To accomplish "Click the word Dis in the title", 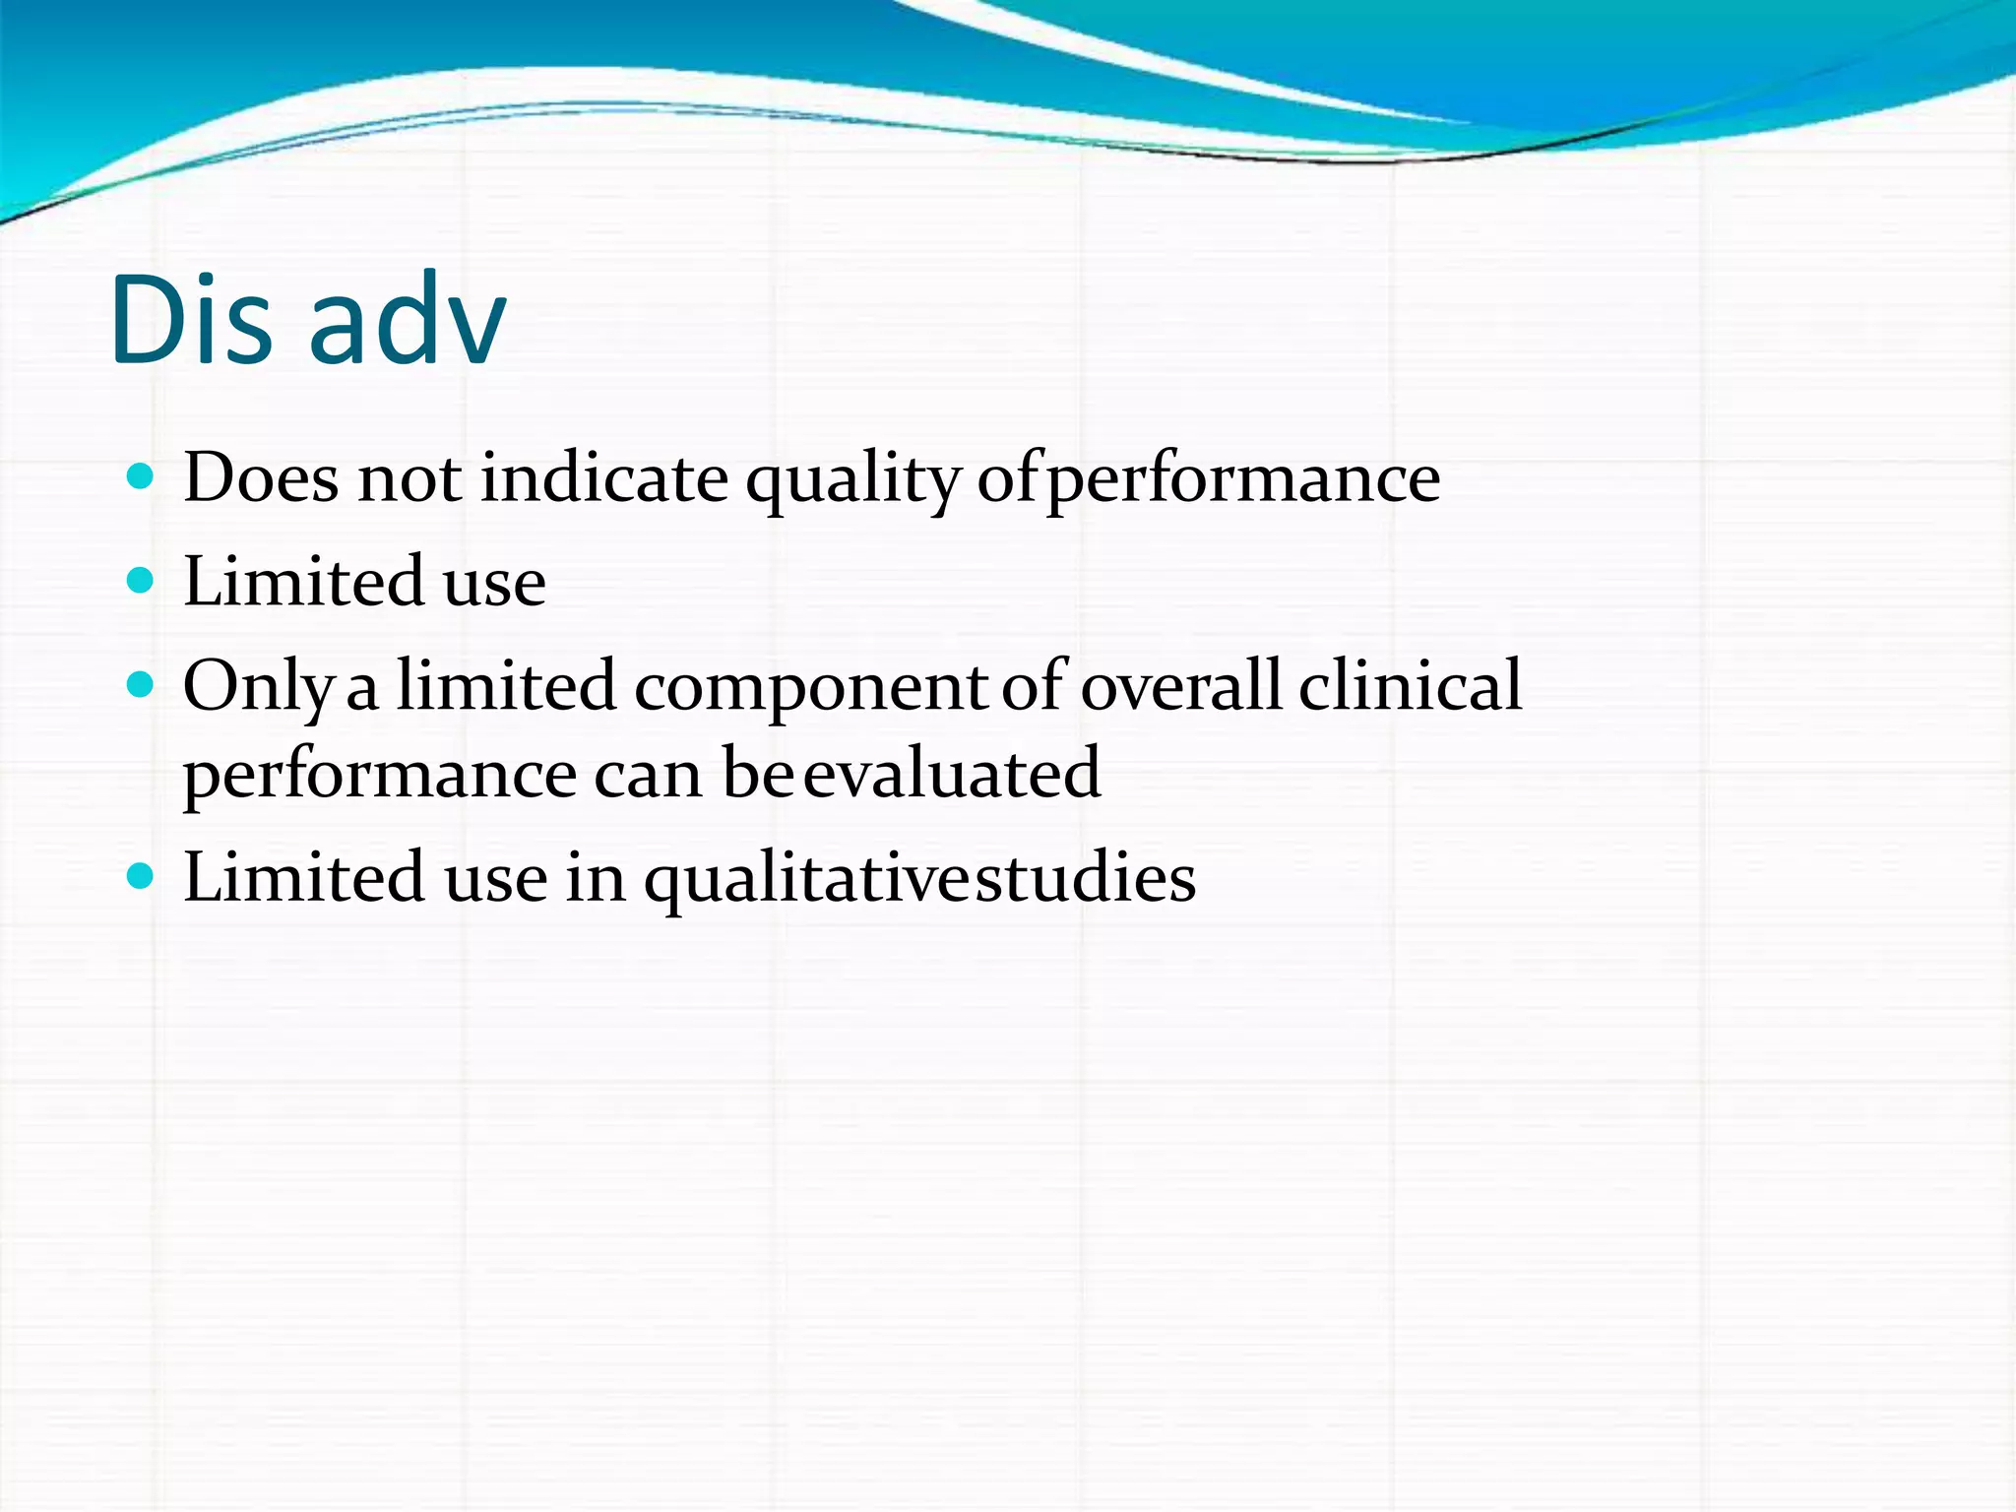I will (191, 320).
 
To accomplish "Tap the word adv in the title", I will (408, 320).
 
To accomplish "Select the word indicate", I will (604, 479).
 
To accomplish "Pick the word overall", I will (1180, 685).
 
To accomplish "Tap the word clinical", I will (1410, 685).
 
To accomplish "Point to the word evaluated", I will (952, 773).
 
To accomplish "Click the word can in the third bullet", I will (648, 775).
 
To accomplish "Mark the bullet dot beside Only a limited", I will (142, 684).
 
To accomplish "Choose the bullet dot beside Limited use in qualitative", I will (142, 875).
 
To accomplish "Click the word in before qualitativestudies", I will (596, 877).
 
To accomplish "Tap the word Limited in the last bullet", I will (304, 877).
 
